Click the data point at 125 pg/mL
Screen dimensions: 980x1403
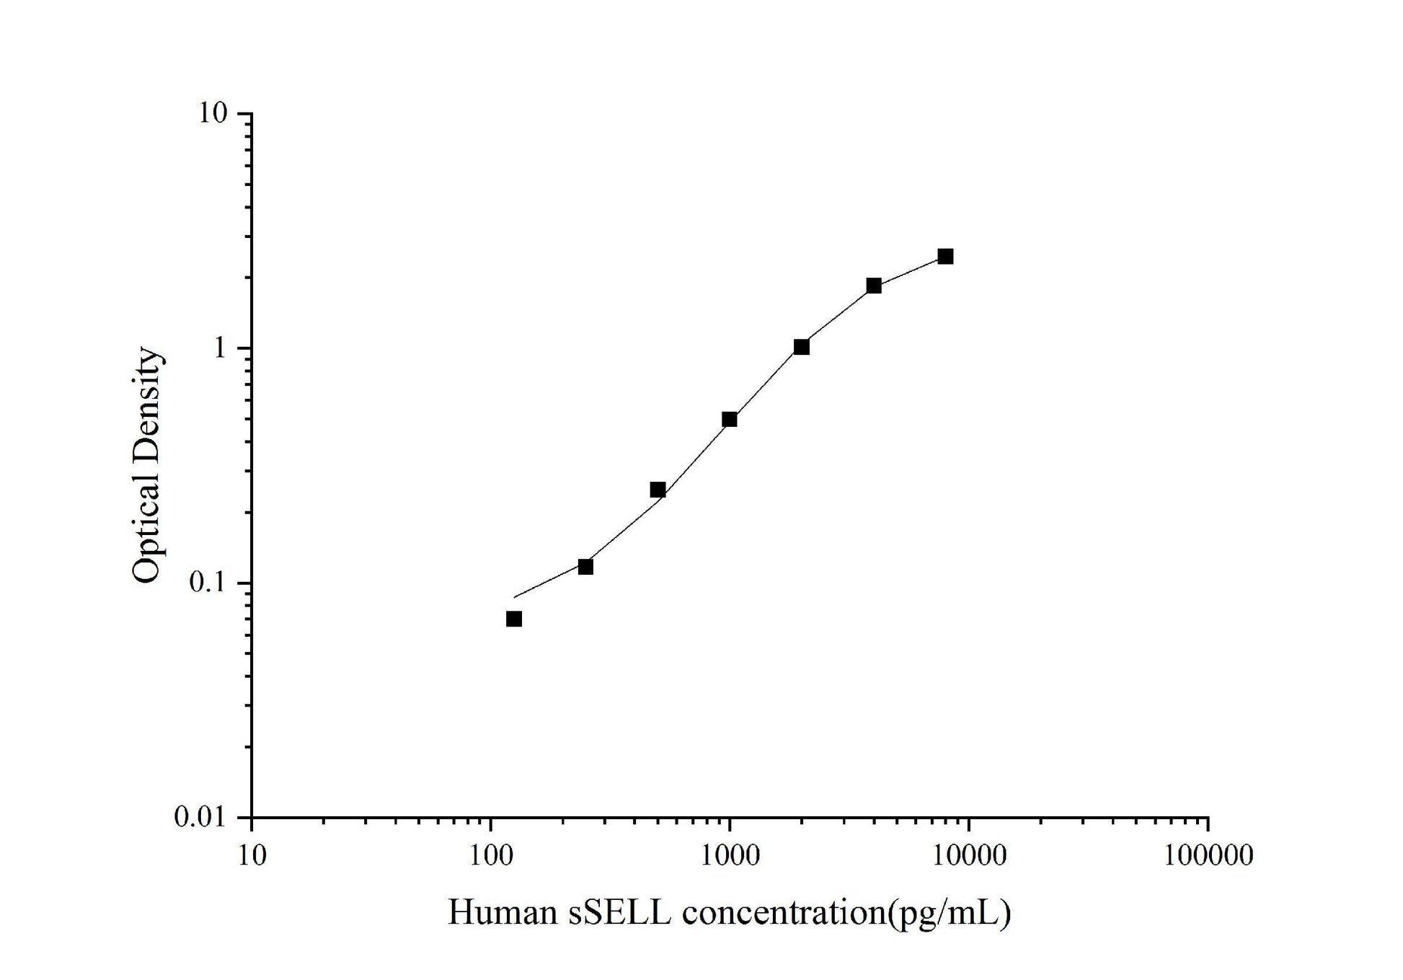click(x=513, y=619)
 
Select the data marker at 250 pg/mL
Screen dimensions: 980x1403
click(x=585, y=567)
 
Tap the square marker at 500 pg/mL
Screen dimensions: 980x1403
click(x=658, y=490)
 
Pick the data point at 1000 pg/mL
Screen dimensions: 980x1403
click(x=730, y=419)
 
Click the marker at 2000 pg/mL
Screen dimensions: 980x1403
click(x=802, y=347)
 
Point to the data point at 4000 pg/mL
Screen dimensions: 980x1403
click(x=874, y=286)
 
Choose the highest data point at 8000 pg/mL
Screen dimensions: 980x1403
click(x=945, y=256)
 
